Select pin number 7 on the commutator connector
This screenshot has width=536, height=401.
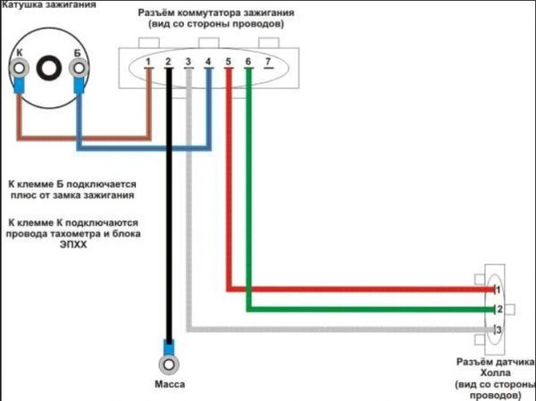tap(268, 62)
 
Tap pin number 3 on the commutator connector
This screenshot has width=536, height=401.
tap(188, 62)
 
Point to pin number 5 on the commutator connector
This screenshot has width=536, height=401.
tap(229, 62)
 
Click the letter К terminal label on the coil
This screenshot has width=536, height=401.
tap(20, 53)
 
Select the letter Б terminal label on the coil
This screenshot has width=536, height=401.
tap(77, 53)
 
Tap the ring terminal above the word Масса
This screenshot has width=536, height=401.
tap(169, 364)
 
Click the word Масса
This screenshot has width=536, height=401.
tap(170, 384)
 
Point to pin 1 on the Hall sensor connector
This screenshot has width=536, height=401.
tap(498, 290)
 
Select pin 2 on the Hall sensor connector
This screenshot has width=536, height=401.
tap(499, 309)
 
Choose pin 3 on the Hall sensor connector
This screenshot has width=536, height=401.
tap(498, 330)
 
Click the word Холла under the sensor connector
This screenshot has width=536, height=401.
tap(496, 373)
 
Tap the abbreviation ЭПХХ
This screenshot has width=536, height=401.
tap(73, 245)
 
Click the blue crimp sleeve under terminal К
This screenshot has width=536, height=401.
tap(19, 85)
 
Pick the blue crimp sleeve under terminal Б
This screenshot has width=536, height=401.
tap(79, 85)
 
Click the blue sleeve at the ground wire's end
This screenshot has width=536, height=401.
tap(169, 347)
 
